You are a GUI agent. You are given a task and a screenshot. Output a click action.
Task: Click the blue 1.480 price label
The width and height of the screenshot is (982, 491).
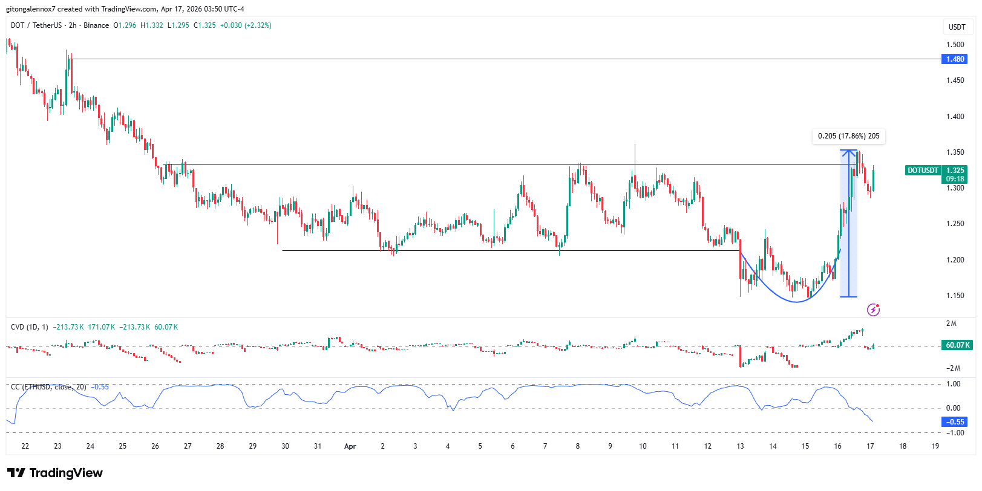pos(955,59)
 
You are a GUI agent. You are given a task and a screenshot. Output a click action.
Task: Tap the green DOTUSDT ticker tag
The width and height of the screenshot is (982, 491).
pos(923,171)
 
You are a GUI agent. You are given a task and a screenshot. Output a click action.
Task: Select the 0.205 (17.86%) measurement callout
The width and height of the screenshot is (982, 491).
pos(848,136)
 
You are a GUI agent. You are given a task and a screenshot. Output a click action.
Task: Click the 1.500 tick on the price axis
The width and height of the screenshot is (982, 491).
pos(955,45)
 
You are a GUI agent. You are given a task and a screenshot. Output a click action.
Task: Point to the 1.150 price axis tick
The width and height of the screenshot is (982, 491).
pos(955,296)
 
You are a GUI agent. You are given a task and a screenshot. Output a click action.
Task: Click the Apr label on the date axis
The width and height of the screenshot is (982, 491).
pos(350,446)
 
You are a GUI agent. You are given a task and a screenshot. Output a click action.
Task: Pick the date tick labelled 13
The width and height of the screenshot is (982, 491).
pos(740,446)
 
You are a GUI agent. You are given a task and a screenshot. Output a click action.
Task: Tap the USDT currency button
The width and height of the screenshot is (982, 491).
pos(957,27)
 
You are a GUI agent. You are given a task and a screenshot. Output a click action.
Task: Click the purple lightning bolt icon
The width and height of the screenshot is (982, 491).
pos(873,310)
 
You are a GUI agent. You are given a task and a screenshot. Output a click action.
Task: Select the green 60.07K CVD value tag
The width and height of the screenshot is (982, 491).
pos(957,345)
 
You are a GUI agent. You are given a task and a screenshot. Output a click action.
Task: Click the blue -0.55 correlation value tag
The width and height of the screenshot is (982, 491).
pos(955,422)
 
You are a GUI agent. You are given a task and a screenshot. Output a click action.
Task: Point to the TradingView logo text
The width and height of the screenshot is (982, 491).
pos(55,473)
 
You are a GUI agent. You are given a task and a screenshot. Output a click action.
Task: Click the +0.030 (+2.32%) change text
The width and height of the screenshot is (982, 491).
pos(246,25)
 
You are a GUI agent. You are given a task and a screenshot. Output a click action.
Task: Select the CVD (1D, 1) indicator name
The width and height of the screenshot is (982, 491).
pos(29,327)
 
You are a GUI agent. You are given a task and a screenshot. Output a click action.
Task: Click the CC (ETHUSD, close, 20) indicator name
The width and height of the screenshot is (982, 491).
pos(48,387)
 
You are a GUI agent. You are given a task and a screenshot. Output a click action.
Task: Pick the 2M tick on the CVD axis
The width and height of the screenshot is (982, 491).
pos(951,324)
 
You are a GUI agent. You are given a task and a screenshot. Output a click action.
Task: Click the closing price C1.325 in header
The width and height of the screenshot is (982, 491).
pos(205,25)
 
